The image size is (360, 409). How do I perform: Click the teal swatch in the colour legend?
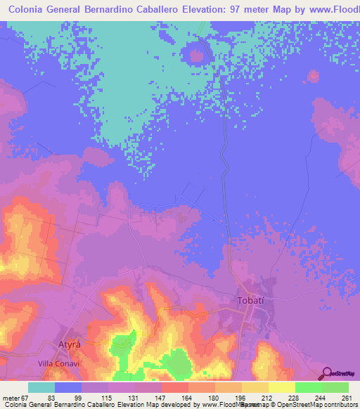(41, 387)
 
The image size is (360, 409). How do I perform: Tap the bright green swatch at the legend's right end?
(335, 387)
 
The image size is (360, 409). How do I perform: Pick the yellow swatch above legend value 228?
(282, 387)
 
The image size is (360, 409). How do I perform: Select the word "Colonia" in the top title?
(32, 11)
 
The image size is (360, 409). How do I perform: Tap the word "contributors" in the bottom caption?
(337, 404)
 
